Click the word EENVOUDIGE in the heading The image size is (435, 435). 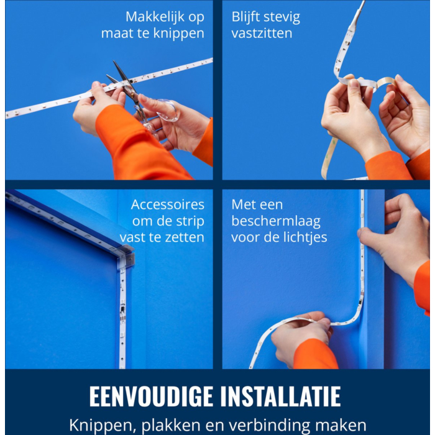[151, 396]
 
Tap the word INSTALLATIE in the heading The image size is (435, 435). [280, 396]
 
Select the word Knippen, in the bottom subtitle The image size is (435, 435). [103, 425]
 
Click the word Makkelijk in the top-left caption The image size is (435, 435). [155, 17]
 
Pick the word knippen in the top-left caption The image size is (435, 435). [179, 34]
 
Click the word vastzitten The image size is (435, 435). [262, 34]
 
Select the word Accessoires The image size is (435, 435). [168, 204]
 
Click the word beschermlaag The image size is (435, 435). [276, 221]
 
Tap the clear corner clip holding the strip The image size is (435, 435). [126, 256]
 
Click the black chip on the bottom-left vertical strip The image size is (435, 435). [122, 308]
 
